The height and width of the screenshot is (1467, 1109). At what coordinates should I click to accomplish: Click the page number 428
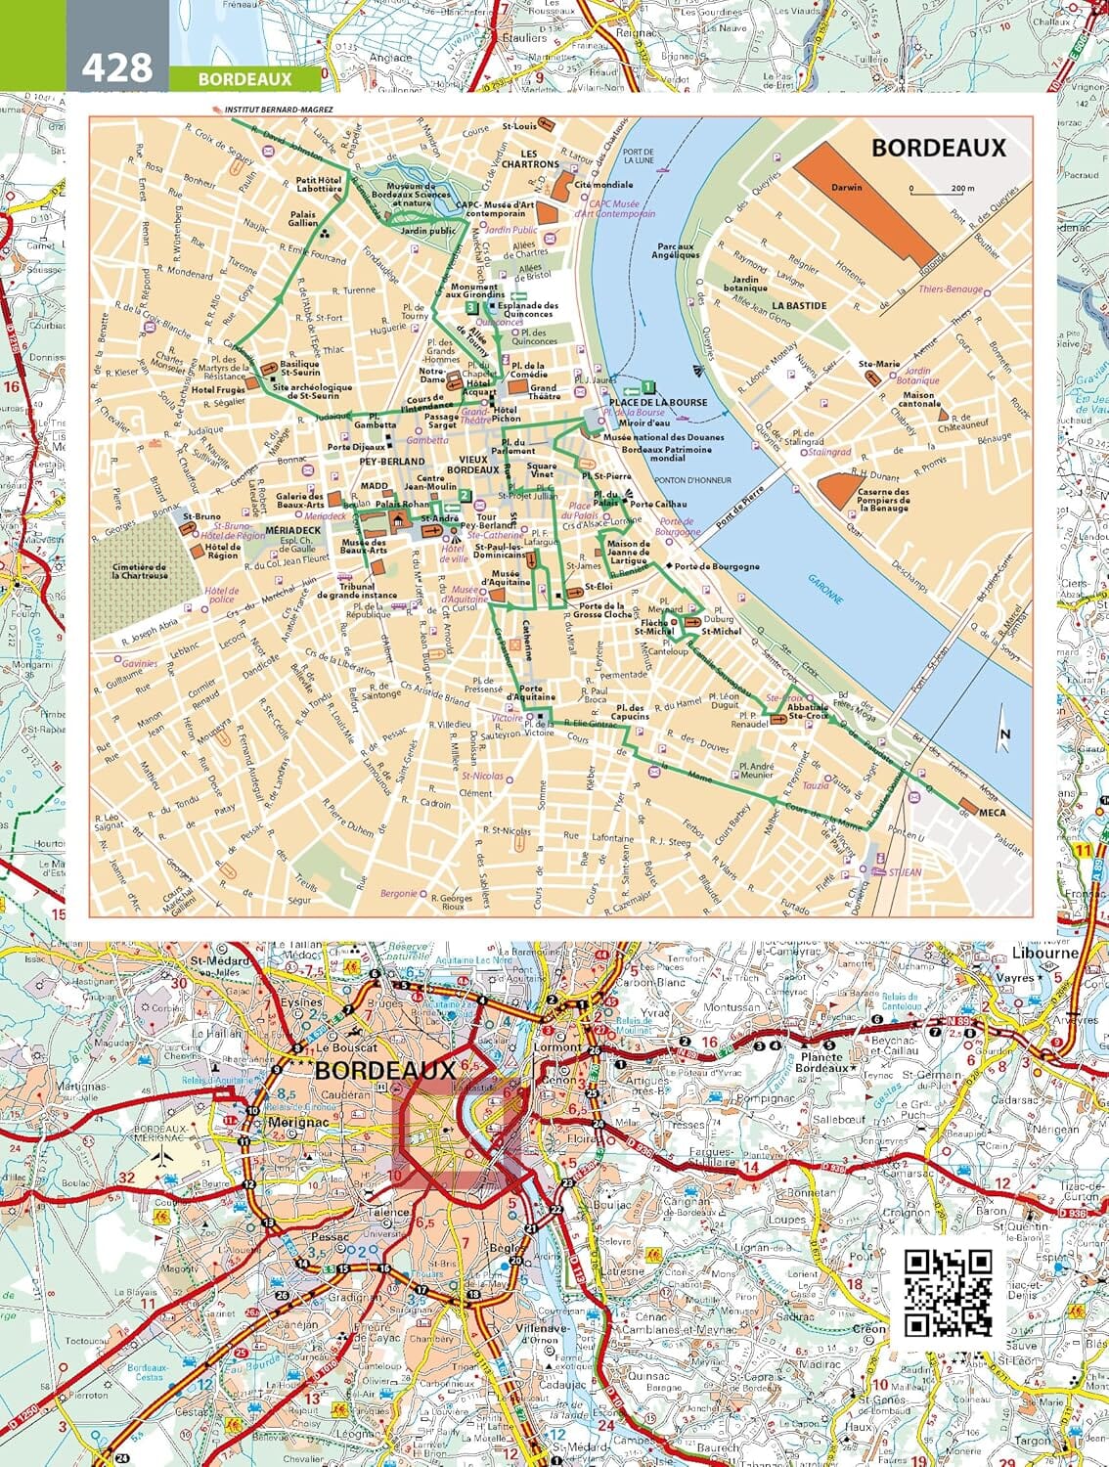(117, 67)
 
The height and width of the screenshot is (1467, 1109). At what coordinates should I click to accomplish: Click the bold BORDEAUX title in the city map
(938, 148)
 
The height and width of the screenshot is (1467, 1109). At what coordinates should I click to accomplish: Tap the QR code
(947, 1292)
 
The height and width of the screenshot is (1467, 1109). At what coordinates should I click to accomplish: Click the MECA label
(992, 812)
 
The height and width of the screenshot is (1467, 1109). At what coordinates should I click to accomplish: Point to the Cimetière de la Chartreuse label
(139, 570)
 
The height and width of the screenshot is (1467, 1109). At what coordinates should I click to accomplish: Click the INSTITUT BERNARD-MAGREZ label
(278, 110)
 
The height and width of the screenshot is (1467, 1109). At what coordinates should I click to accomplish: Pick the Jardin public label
(428, 231)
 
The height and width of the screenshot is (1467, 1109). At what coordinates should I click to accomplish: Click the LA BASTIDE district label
(799, 305)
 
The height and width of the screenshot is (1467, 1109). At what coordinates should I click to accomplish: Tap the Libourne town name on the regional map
(1044, 953)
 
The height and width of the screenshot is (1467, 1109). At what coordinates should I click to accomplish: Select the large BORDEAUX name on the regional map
(384, 1069)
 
